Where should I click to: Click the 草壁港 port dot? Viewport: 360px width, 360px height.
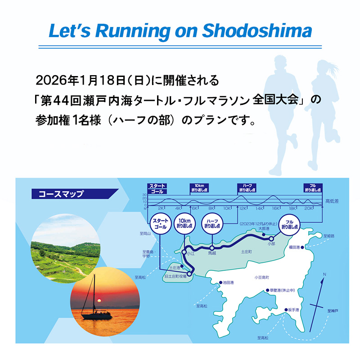tap(267, 290)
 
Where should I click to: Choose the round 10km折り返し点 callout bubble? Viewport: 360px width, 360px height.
tap(185, 224)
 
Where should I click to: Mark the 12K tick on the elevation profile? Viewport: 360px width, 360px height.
tap(243, 208)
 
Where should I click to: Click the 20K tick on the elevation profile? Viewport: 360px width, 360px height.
tap(309, 208)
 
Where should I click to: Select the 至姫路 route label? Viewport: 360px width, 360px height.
tap(329, 235)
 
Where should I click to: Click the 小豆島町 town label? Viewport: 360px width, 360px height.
tap(261, 278)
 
